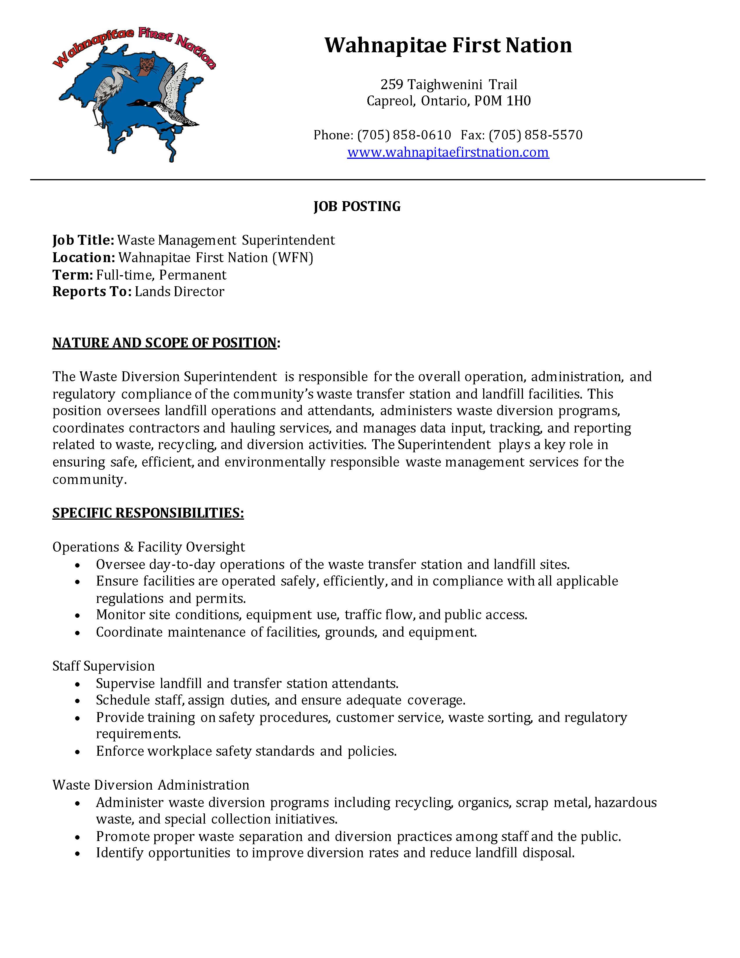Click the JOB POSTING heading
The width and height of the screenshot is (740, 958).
(x=357, y=206)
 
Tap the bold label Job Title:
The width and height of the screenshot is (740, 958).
(x=83, y=240)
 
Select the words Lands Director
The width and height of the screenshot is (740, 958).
(x=179, y=292)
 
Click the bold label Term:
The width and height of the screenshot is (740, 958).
(x=72, y=275)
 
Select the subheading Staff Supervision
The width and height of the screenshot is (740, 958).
(x=104, y=666)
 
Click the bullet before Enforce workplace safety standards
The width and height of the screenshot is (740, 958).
(x=77, y=752)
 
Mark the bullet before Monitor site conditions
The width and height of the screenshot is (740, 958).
(x=77, y=615)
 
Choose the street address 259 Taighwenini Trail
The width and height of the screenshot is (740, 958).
(x=448, y=84)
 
